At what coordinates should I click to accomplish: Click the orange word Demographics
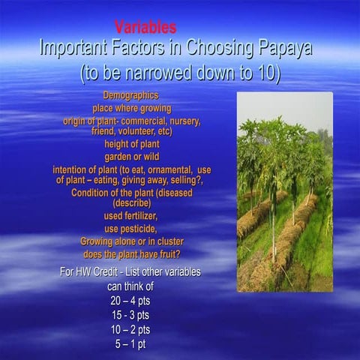coord(130,96)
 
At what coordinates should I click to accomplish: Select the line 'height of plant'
coord(132,143)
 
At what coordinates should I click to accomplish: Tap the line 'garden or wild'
coord(132,156)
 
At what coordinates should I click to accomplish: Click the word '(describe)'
coord(131,202)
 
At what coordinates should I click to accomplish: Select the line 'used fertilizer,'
coord(132,216)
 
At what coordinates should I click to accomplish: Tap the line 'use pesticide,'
coord(132,229)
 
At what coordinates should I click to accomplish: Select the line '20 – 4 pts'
coord(129,300)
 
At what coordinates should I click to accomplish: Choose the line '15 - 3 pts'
coord(129,314)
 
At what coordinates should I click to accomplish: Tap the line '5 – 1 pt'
coord(129,343)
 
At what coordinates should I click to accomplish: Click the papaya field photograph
coord(284,191)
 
